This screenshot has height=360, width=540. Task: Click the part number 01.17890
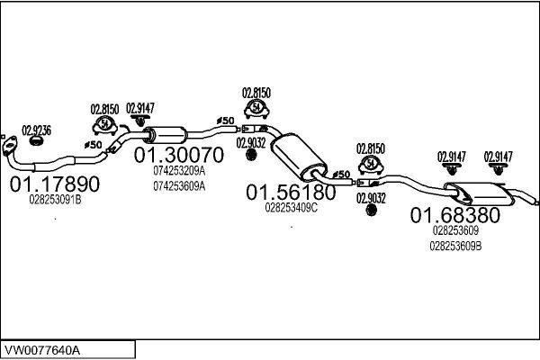(55, 184)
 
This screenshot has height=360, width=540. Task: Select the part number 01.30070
(179, 155)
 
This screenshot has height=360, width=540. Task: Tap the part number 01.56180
(291, 193)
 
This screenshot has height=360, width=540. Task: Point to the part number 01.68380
(454, 215)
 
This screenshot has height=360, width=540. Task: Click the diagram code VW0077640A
(42, 350)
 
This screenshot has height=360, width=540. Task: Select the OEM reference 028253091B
(55, 200)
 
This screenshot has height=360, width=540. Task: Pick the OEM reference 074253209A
(179, 170)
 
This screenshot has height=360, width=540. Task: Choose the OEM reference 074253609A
(179, 186)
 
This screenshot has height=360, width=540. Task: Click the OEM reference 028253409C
(292, 208)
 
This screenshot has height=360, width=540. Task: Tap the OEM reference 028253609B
(455, 247)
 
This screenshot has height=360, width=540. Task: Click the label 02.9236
(37, 130)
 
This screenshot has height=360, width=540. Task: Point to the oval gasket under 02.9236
(35, 140)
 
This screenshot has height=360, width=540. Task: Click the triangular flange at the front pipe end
(9, 145)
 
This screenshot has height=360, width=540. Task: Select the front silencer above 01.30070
(166, 135)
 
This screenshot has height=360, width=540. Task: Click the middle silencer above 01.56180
(299, 156)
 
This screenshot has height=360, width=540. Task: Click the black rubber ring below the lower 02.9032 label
(371, 210)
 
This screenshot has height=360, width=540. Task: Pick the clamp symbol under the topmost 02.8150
(256, 108)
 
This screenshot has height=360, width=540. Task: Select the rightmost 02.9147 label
(499, 157)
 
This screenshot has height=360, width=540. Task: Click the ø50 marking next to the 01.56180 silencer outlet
(342, 175)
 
